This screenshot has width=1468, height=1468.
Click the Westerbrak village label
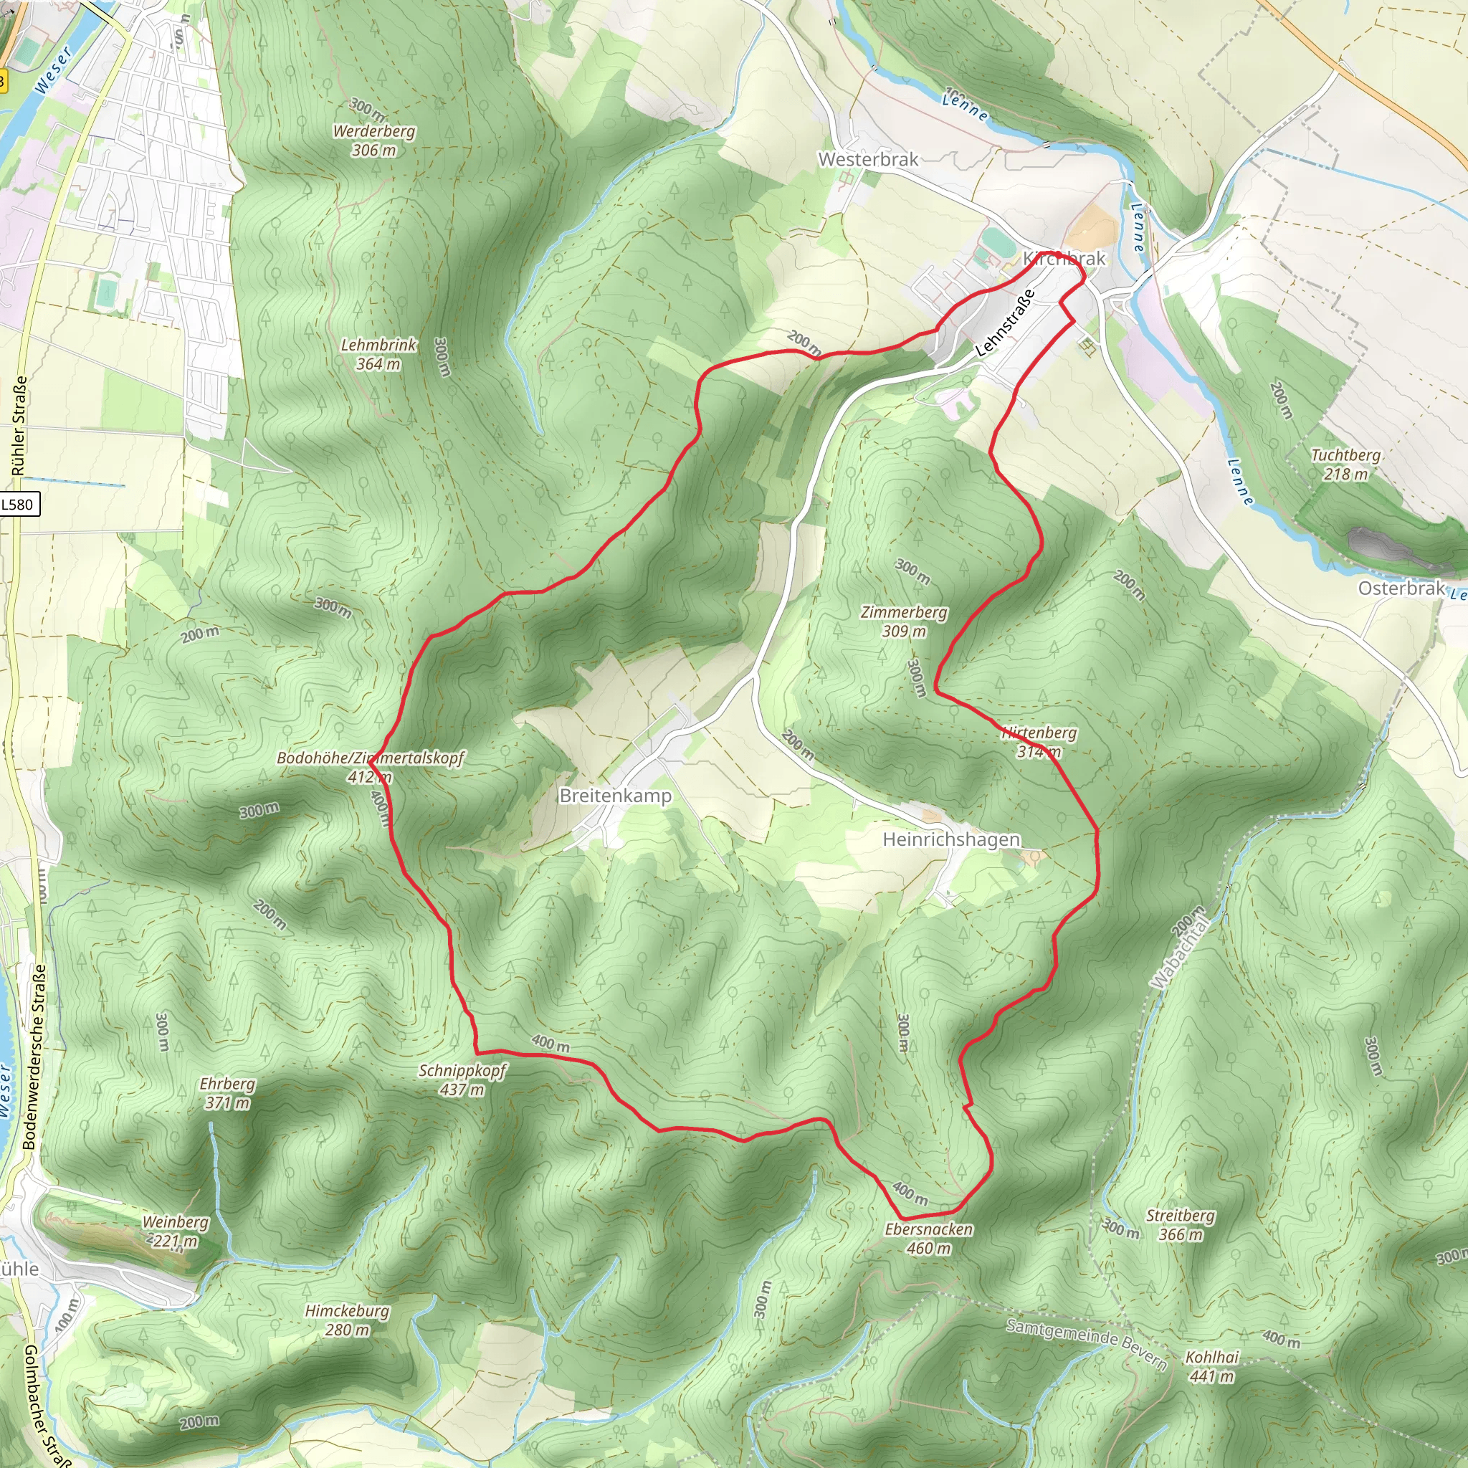click(x=868, y=160)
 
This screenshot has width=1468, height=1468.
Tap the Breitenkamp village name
click(x=615, y=796)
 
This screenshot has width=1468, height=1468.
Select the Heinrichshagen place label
click(x=950, y=839)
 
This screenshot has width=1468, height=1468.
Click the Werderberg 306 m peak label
click(x=374, y=140)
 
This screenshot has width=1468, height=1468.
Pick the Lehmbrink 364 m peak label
click(x=378, y=354)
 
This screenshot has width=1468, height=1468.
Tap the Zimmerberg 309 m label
click(x=903, y=621)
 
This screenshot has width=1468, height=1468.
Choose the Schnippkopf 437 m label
click(x=462, y=1079)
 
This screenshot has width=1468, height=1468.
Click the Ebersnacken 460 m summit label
click(x=928, y=1239)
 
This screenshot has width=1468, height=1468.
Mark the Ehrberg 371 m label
click(x=227, y=1093)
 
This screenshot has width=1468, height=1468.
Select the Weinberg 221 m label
click(x=176, y=1231)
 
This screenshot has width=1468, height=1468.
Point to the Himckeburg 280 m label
click(x=346, y=1320)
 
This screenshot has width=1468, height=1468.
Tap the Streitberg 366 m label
click(x=1180, y=1225)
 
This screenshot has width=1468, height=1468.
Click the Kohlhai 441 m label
click(x=1212, y=1367)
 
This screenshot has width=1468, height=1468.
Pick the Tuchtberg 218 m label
click(x=1345, y=464)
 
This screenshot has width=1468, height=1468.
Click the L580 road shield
click(x=18, y=505)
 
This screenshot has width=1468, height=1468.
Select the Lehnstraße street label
click(x=1004, y=324)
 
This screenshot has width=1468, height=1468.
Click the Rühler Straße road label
click(x=19, y=426)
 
